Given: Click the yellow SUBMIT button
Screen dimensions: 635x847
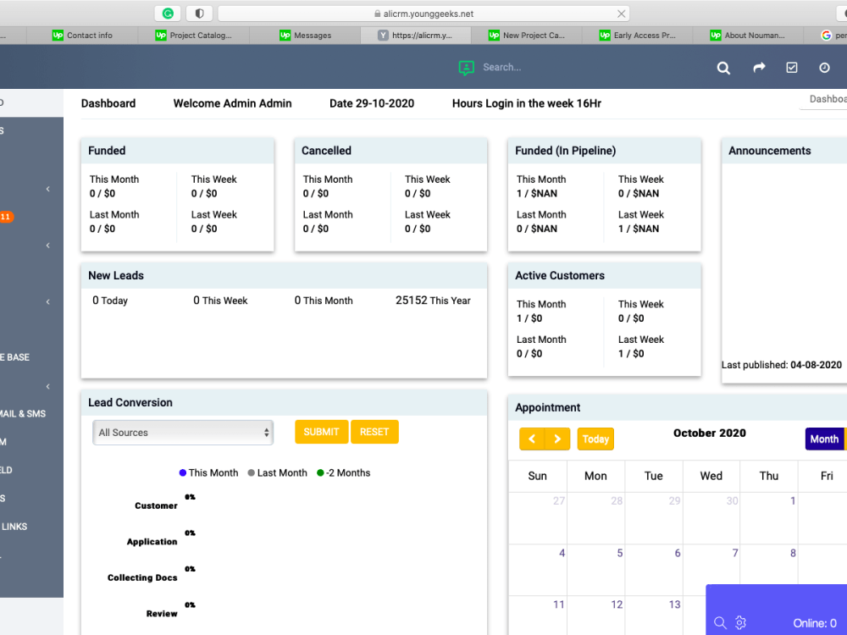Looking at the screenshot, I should coord(321,432).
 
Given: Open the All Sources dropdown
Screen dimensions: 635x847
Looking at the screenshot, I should coord(182,433).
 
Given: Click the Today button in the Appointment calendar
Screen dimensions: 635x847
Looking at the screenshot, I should coord(595,439).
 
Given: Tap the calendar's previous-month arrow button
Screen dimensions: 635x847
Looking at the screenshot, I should coord(531,439).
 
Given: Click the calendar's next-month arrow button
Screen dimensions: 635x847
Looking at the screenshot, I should coord(556,439).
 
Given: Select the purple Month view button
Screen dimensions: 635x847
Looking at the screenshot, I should coord(823,439).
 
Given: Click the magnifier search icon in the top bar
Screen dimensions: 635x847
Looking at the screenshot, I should coord(723,68).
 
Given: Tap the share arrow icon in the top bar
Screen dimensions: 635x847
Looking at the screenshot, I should coord(759,68).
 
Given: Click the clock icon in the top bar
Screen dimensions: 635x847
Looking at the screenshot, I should coord(824,68).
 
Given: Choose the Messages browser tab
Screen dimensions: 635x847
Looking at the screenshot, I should coord(305,36).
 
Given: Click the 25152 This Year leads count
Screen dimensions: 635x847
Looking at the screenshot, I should coord(432,301).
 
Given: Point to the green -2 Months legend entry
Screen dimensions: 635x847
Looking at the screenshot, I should coord(343,473).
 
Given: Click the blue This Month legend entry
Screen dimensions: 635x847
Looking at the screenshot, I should coord(209,473).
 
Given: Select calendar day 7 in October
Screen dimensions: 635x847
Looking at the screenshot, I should coord(734,553).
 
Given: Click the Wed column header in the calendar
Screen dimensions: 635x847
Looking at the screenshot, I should coord(711,476).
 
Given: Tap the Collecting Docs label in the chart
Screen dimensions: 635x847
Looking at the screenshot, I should coord(142,577).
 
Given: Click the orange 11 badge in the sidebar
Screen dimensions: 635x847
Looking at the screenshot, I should coord(5,218).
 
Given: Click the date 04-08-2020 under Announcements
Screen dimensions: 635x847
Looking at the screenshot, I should coord(816,365).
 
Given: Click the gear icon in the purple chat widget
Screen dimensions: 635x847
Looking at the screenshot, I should coord(740,623).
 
